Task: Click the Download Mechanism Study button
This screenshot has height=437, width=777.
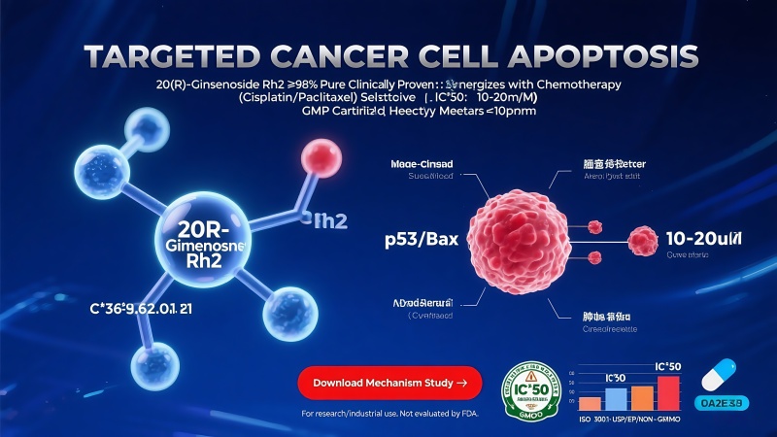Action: click(389, 383)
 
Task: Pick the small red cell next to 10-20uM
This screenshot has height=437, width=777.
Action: click(643, 238)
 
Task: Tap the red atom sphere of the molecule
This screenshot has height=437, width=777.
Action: click(319, 155)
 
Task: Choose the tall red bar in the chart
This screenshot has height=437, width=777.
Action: click(667, 393)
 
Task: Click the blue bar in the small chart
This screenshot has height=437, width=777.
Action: click(617, 398)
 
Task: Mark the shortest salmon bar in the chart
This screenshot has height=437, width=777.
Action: click(591, 403)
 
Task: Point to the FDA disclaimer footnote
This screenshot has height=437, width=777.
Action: click(381, 415)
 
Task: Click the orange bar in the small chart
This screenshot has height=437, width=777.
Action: click(642, 397)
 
